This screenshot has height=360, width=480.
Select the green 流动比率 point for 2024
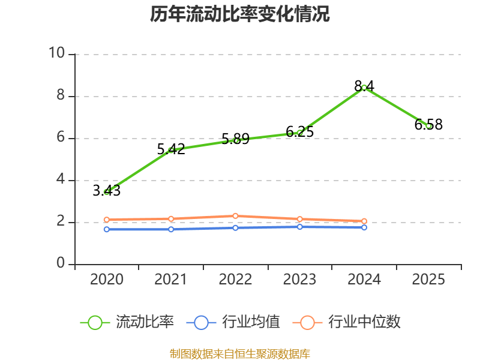point(364,88)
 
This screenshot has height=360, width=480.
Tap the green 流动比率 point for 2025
point(428,126)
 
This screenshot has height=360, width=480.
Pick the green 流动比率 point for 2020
point(107,192)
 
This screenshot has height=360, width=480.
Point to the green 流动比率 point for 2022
point(236,140)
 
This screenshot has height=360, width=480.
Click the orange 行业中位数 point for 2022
point(236,216)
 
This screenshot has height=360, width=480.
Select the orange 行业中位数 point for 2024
point(364,221)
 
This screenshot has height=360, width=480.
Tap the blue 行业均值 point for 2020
point(107,229)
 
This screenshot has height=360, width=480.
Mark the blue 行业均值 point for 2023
point(300,227)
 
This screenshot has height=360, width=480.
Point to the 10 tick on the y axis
point(56,53)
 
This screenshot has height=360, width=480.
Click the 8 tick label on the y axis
point(60,95)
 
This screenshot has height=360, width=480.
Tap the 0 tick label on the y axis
point(60,263)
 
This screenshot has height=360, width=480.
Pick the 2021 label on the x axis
point(171,280)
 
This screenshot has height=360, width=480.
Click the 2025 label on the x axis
point(428,280)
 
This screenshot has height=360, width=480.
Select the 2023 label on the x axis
point(300,280)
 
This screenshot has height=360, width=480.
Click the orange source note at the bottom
point(239,353)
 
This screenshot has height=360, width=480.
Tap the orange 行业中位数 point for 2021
point(171,219)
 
